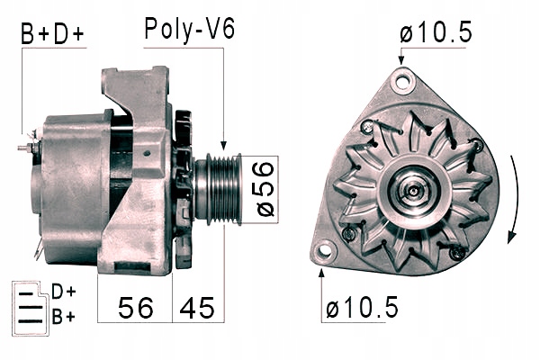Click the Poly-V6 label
[190, 30]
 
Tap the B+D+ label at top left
[52, 34]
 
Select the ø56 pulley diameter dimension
[265, 189]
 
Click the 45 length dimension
[197, 308]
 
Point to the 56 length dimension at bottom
[136, 308]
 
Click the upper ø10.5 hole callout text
[436, 32]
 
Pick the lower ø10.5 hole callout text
[362, 307]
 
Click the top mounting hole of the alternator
[403, 81]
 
